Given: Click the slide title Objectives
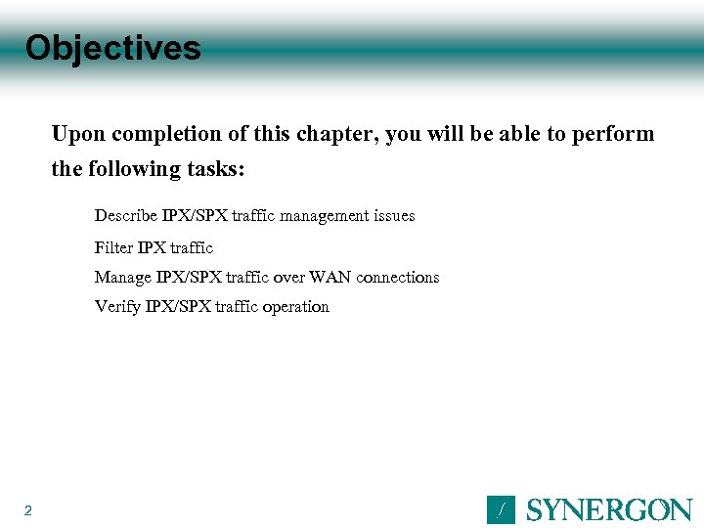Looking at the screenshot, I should pos(112,48).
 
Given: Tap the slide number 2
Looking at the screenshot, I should pos(28,510).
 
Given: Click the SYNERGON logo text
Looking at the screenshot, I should pos(609,510).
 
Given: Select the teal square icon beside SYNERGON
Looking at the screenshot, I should pos(501,510).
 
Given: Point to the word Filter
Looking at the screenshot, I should pos(113,247).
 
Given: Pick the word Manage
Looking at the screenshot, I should pos(123,278).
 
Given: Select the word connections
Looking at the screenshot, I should pos(398,278).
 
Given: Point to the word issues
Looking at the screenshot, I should pos(391,215).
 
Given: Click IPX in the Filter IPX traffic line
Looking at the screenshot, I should pos(152,247).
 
